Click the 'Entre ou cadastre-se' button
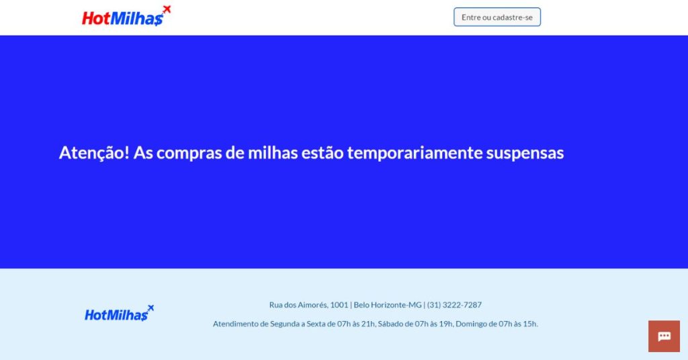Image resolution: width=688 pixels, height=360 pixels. coord(497,17)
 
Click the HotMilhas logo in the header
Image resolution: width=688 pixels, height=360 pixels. coord(126,16)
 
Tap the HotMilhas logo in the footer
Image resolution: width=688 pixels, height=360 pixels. coord(120,314)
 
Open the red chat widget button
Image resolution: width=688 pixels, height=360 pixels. coord(664,336)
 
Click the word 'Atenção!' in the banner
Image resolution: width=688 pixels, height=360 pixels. coord(94,152)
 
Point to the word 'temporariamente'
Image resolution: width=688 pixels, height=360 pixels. coord(415,153)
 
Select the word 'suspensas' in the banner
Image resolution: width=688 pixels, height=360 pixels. coord(525,153)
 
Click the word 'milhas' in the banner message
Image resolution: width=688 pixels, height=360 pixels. coord(273,152)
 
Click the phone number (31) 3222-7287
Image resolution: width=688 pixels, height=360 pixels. coord(454,305)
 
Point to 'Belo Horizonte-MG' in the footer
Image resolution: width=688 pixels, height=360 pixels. coord(388,305)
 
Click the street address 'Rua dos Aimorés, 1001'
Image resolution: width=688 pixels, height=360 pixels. coord(308,305)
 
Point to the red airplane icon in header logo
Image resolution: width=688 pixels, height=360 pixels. coord(167,9)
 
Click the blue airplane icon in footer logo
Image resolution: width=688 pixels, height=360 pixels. coord(150,308)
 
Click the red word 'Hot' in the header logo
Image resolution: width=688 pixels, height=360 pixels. coord(95,18)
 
